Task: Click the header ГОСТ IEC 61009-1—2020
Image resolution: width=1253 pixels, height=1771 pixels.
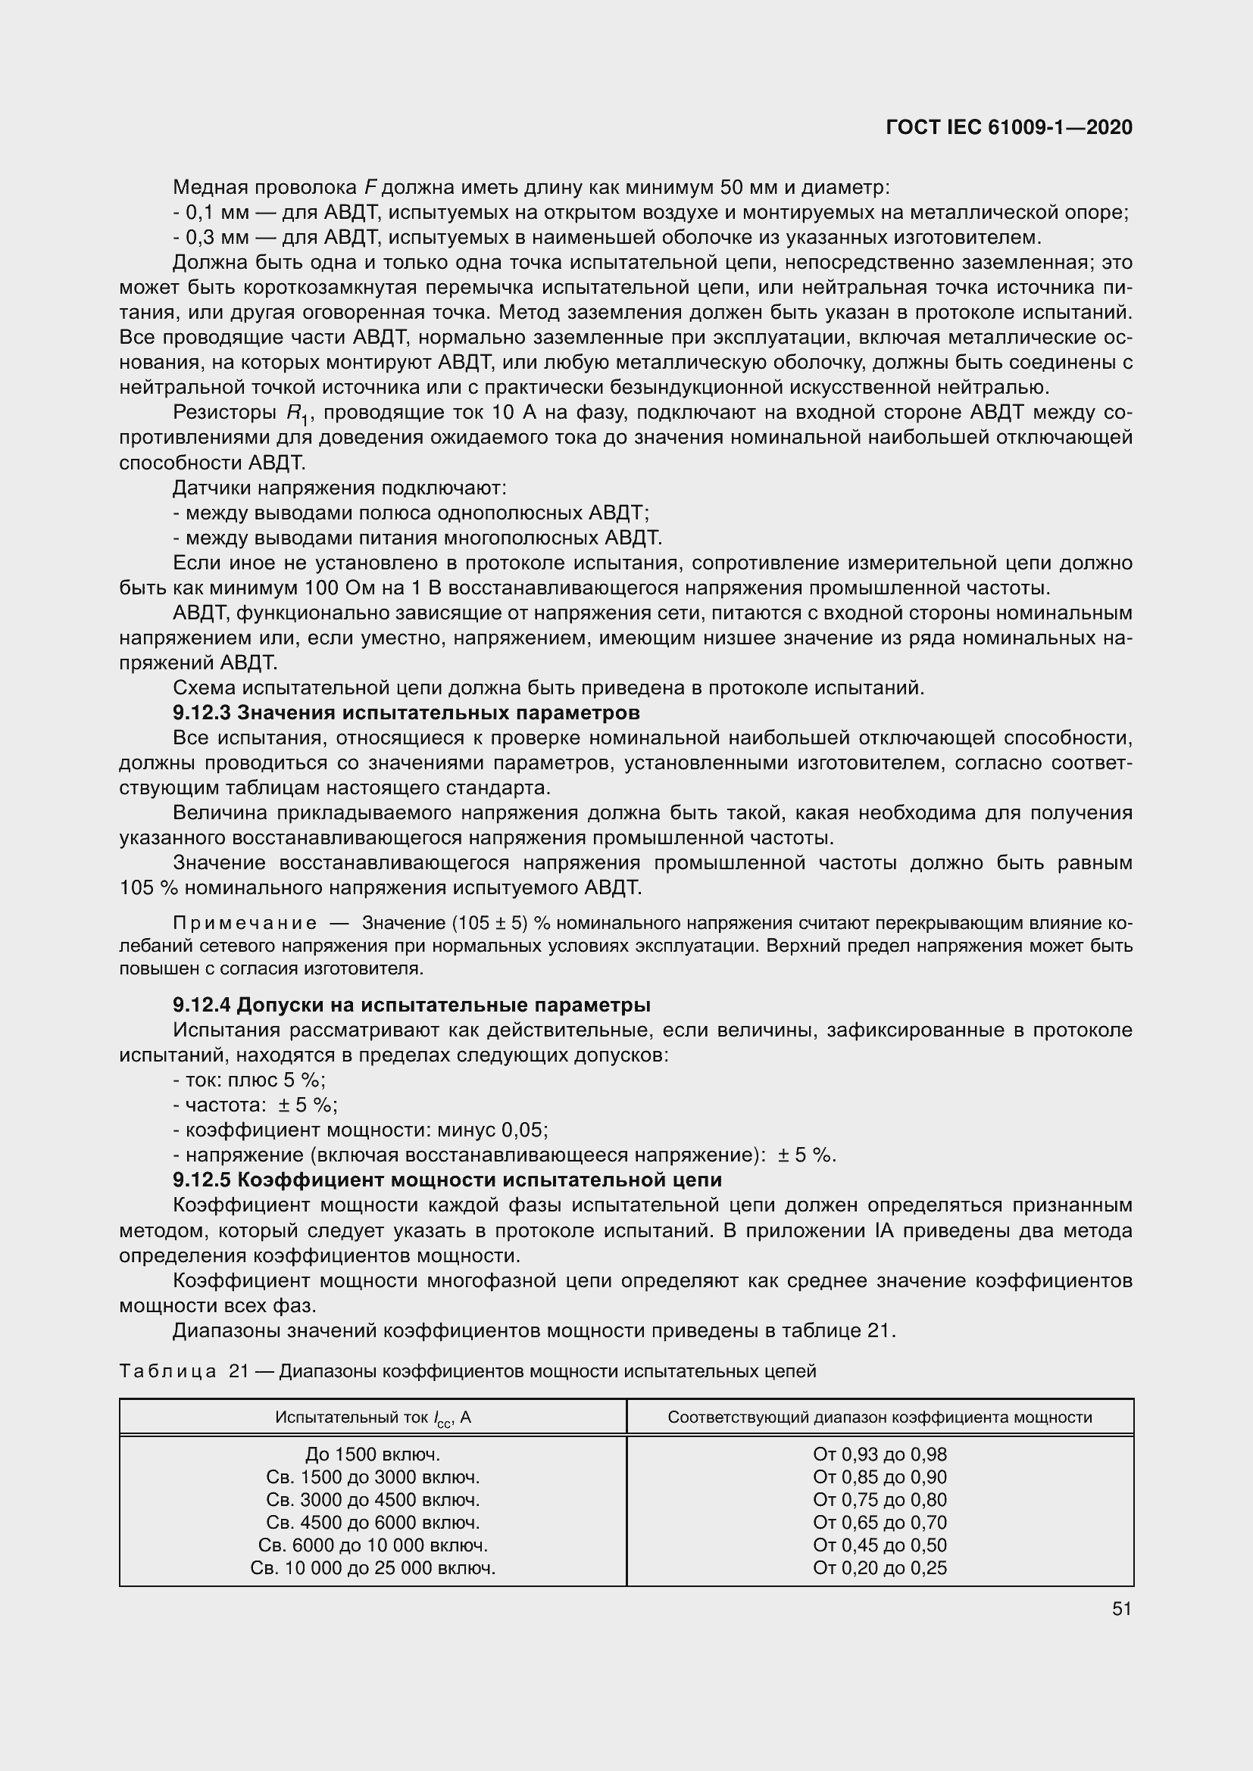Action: [x=1009, y=127]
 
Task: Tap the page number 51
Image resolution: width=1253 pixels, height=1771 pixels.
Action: [x=1122, y=1608]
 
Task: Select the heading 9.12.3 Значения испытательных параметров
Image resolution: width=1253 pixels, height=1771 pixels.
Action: [x=406, y=712]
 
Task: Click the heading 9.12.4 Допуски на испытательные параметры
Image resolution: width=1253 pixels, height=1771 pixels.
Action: [x=411, y=1005]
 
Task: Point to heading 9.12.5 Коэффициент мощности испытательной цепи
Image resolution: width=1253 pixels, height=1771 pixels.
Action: [x=447, y=1180]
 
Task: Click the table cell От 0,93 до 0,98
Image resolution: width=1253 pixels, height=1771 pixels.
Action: [x=880, y=1455]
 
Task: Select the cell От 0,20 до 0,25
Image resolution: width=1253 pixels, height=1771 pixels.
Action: [x=880, y=1567]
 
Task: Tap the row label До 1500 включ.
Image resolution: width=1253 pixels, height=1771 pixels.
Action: [x=373, y=1455]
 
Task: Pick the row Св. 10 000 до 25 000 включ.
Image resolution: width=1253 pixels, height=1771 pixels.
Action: [x=373, y=1567]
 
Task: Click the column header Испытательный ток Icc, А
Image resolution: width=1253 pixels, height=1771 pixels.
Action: [x=373, y=1417]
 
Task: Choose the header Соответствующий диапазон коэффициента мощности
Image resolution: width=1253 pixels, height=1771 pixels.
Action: [x=880, y=1417]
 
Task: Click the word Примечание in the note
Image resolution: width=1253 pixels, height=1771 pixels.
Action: [x=245, y=923]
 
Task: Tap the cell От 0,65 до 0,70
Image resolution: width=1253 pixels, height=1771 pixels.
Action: [x=880, y=1523]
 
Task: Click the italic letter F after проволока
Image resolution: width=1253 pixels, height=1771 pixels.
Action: [x=370, y=188]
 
